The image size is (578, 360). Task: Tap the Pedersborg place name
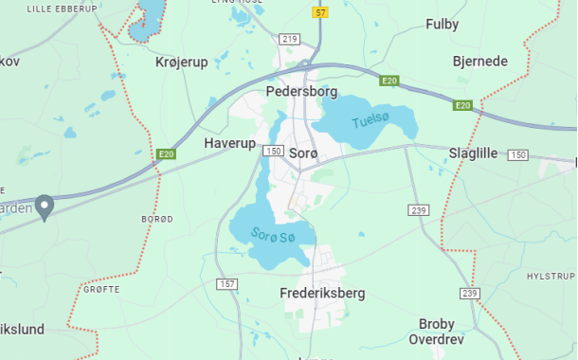click(x=301, y=92)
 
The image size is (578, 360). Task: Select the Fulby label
click(x=442, y=24)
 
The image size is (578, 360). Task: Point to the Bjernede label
click(x=479, y=62)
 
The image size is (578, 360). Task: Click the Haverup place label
click(x=230, y=143)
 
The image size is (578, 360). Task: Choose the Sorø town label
click(x=303, y=153)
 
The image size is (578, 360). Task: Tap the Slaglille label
click(x=473, y=153)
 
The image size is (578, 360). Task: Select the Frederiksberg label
click(x=322, y=294)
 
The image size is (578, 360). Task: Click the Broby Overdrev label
click(x=437, y=330)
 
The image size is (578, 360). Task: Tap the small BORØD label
click(x=157, y=219)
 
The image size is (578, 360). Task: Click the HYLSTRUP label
click(x=551, y=276)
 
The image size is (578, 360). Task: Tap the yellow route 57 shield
click(x=321, y=12)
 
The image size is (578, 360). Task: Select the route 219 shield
click(x=289, y=39)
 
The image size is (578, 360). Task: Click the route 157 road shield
click(x=226, y=284)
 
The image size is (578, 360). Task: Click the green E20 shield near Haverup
click(x=167, y=153)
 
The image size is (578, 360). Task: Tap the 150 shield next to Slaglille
click(x=517, y=154)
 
